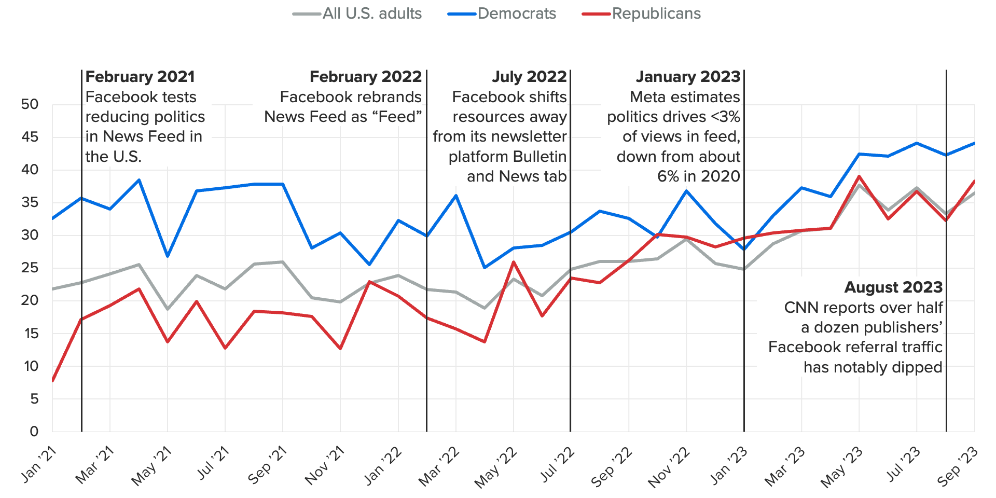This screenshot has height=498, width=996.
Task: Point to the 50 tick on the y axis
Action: click(30, 104)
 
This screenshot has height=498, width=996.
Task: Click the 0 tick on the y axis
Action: click(34, 431)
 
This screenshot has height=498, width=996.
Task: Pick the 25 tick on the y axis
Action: click(30, 268)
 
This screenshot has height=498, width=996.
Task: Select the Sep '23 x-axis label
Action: click(958, 466)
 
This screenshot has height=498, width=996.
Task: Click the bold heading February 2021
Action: click(140, 77)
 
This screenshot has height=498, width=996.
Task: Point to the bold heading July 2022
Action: click(529, 77)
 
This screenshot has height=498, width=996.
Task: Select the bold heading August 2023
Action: click(893, 287)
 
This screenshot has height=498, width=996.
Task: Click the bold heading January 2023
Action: click(688, 77)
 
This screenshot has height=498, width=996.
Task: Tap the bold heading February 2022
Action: click(366, 77)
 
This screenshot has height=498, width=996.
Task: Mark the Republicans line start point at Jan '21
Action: click(53, 381)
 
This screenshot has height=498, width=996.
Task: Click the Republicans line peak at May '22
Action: click(514, 262)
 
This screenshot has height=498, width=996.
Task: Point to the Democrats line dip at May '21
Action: click(168, 256)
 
